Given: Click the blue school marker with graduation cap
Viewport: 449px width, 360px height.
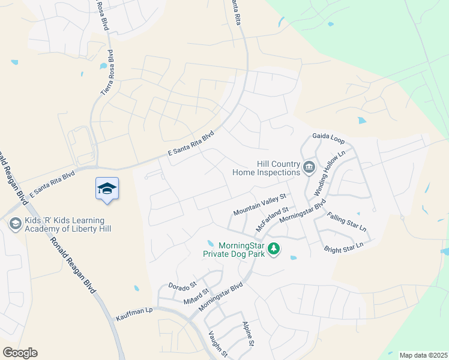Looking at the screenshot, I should tap(107, 189).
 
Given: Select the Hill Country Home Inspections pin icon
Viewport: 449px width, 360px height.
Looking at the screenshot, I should tap(309, 167).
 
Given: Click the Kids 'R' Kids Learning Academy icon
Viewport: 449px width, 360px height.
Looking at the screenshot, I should tap(15, 224).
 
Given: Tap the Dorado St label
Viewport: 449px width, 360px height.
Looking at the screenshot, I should tap(182, 284).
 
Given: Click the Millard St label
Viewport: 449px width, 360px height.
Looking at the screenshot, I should tap(196, 295).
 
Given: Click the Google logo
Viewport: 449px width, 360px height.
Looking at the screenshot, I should tap(19, 353).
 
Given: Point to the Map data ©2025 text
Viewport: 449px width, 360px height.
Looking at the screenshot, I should tap(423, 355).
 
